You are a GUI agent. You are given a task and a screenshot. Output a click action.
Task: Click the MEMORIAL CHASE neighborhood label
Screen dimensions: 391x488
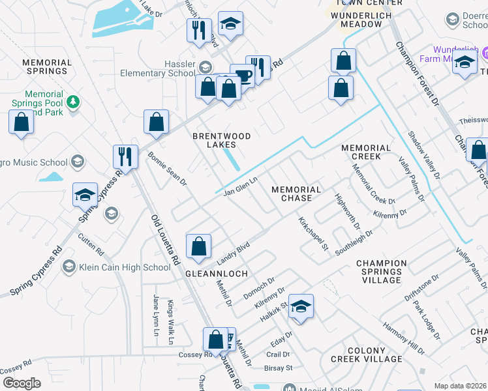pos(296,194)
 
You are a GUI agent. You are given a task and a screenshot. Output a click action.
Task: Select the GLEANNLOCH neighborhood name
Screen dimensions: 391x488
pos(217,274)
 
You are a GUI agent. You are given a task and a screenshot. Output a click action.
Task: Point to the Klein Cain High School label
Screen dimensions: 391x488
pos(125,267)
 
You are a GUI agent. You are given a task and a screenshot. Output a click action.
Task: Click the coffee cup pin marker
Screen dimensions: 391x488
pos(243,76)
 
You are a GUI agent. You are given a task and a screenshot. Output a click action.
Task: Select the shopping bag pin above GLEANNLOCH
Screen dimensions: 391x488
pos(198,246)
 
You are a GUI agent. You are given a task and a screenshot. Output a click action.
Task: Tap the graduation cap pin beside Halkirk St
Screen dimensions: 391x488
pos(301,306)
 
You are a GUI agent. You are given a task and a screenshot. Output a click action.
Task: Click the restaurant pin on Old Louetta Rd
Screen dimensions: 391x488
pos(125,156)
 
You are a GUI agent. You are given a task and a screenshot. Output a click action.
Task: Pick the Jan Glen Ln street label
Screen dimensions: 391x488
pos(241,186)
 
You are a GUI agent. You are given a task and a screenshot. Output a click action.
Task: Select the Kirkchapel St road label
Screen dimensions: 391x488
pos(313,233)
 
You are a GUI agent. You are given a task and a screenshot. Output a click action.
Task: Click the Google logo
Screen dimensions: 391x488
pos(22,383)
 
